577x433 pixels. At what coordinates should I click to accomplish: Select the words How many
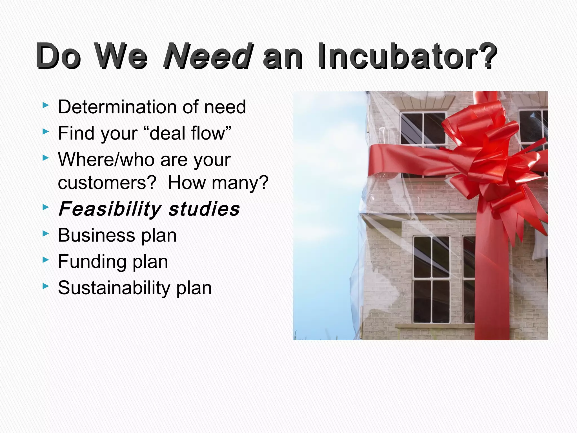click(x=218, y=183)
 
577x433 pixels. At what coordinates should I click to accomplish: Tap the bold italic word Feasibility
click(x=110, y=209)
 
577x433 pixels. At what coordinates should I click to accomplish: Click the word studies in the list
click(x=204, y=209)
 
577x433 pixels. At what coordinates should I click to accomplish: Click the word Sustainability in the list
click(x=114, y=288)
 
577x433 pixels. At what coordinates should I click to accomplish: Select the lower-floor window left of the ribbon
click(x=431, y=279)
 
